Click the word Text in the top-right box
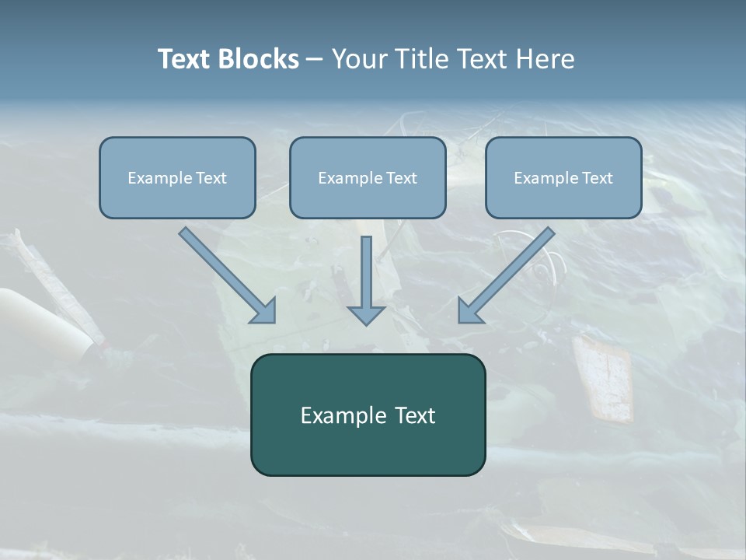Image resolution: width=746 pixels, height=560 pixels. [x=598, y=178]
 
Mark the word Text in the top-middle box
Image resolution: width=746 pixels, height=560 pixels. [x=402, y=178]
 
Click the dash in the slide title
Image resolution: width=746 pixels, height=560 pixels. [x=315, y=60]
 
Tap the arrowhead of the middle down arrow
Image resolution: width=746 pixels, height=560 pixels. [x=366, y=314]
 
